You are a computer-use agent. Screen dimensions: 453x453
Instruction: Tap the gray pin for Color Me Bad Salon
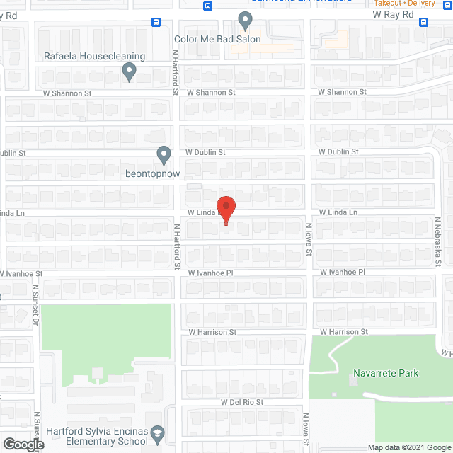(245, 21)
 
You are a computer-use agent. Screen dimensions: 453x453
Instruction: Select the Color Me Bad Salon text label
(217, 39)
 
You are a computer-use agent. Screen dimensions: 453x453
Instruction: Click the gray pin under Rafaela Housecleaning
(129, 71)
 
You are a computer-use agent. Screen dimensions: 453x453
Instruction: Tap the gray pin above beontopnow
(164, 154)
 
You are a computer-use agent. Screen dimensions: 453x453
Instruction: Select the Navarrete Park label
(386, 373)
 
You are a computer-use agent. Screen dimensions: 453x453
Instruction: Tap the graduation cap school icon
(159, 432)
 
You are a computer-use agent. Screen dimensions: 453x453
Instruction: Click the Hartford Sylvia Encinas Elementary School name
(98, 436)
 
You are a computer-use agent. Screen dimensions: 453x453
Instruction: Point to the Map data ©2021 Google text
(409, 448)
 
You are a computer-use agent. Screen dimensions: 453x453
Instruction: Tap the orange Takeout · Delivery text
(404, 3)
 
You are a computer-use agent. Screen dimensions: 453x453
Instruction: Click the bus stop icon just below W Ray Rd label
(423, 22)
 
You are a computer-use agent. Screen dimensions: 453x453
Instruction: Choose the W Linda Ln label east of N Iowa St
(338, 212)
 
